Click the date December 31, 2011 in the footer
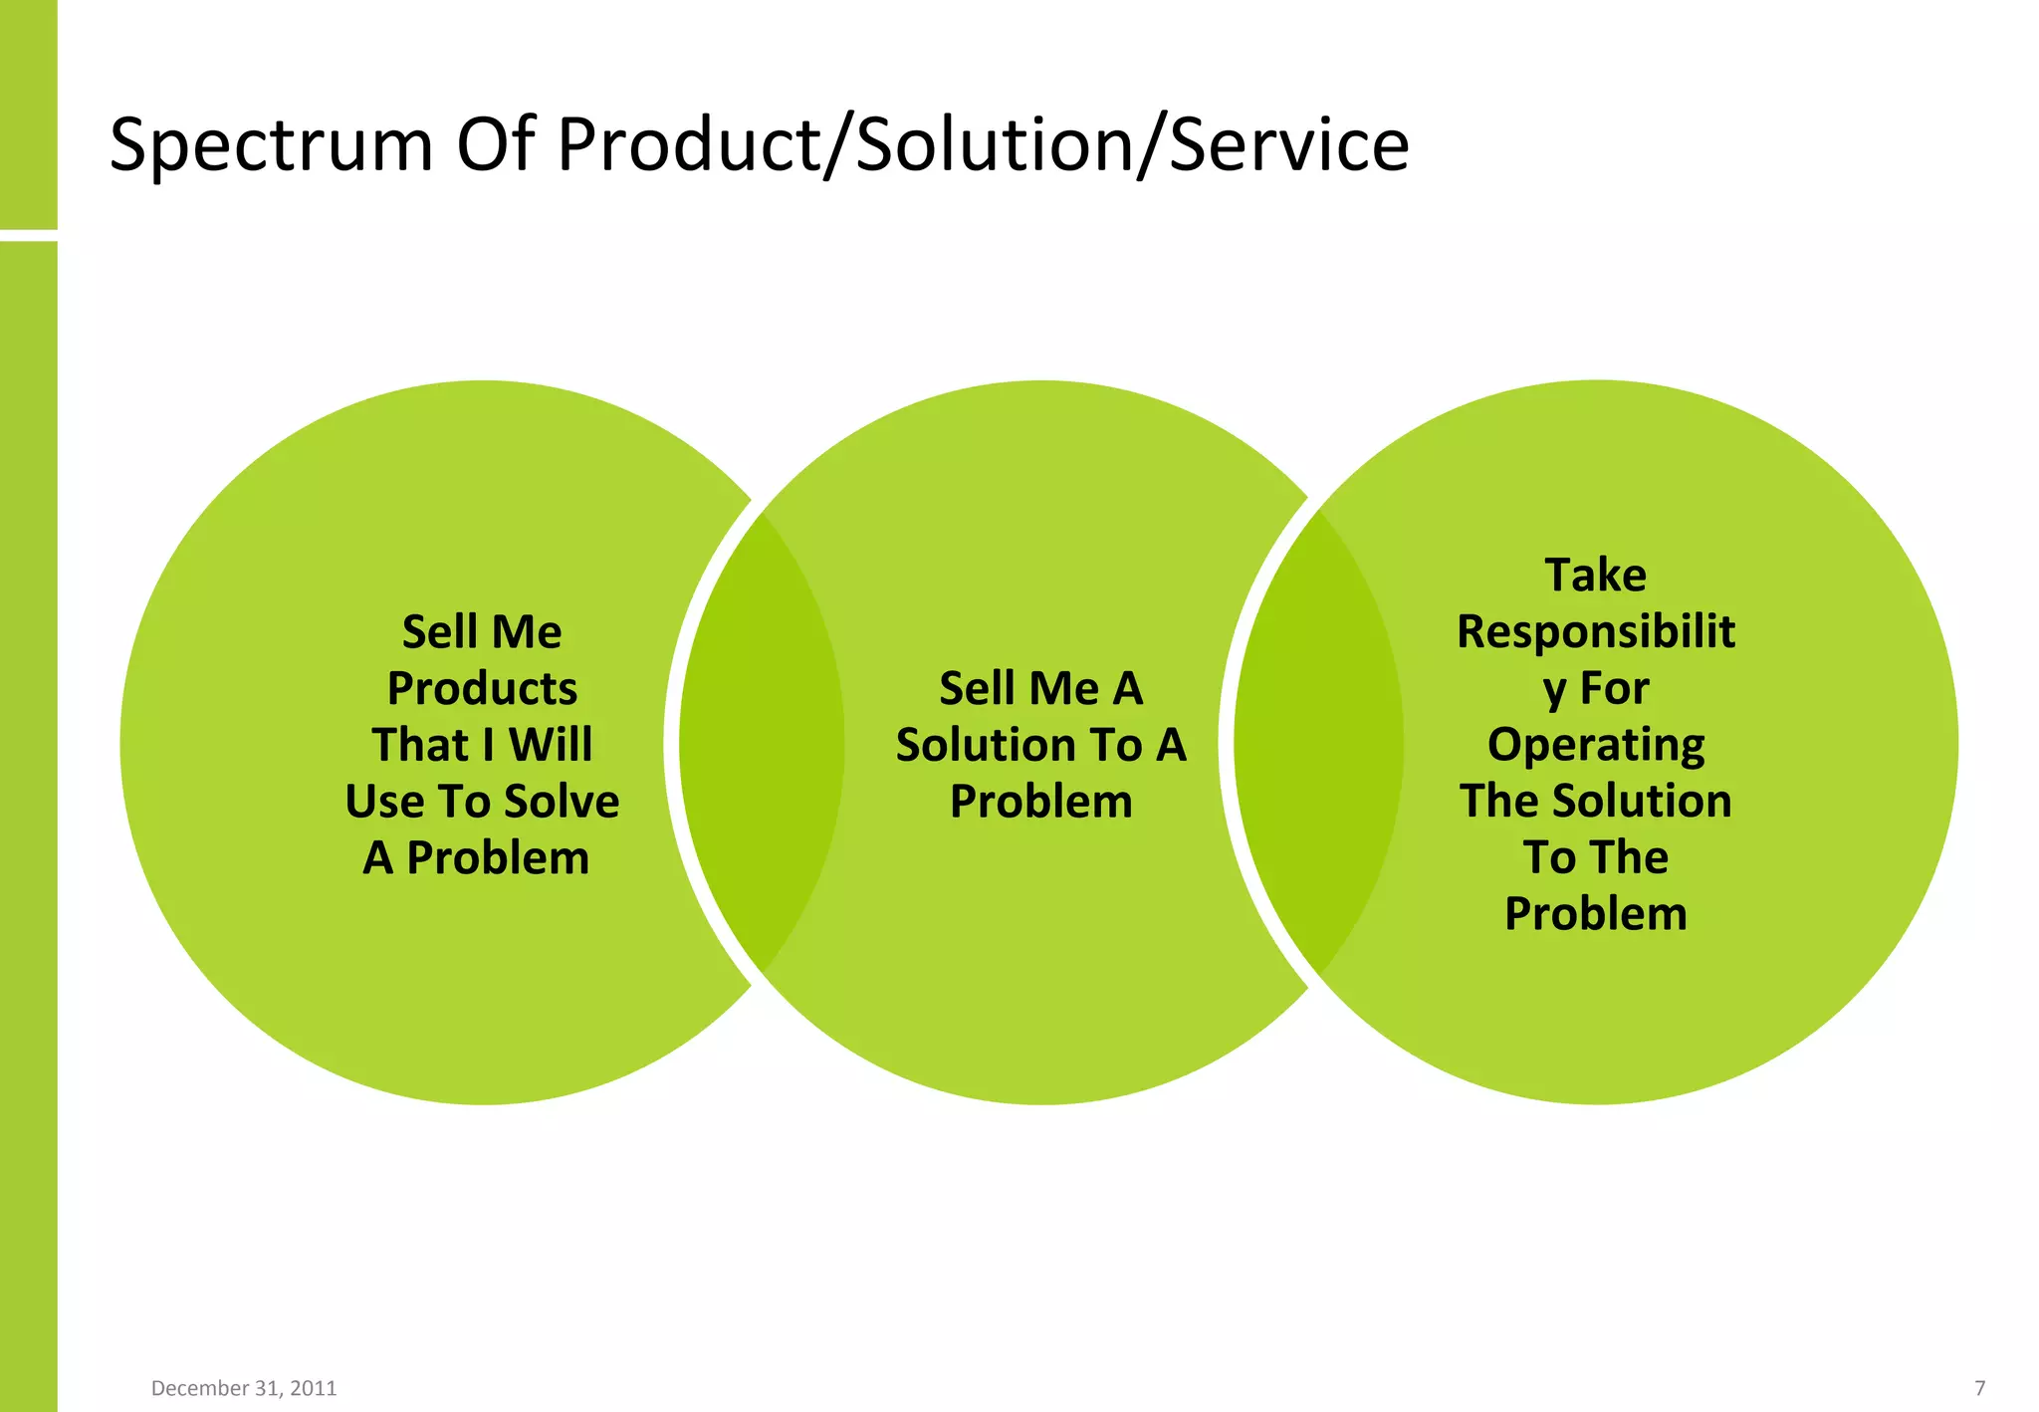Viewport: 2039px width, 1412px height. point(244,1387)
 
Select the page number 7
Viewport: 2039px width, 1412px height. point(1979,1387)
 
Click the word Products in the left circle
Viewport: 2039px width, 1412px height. point(482,688)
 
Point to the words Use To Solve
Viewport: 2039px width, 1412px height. point(482,802)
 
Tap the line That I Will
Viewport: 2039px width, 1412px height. point(482,745)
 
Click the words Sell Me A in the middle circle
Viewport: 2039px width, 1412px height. point(1040,688)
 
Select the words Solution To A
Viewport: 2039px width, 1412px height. point(1040,745)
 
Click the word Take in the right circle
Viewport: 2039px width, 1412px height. point(1595,575)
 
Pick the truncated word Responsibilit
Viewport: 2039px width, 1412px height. point(1595,631)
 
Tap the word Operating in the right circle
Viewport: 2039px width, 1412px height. point(1595,745)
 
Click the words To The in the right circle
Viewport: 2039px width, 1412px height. point(1595,857)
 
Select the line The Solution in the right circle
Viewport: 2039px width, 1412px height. point(1595,802)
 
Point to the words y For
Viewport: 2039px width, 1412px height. point(1595,688)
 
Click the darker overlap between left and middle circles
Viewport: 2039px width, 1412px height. point(762,742)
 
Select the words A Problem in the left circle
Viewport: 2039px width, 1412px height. point(476,857)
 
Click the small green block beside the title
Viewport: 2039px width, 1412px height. point(28,115)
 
